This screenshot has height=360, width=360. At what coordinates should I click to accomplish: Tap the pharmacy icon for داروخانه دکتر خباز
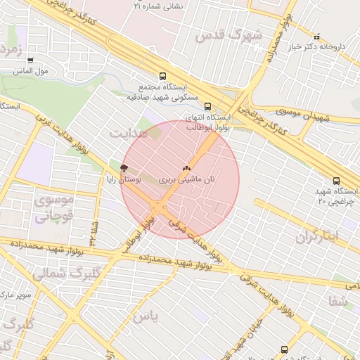point(316,37)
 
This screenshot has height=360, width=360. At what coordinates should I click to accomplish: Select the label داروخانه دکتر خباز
point(320,47)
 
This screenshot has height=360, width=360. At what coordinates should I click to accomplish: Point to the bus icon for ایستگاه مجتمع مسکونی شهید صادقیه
point(163,76)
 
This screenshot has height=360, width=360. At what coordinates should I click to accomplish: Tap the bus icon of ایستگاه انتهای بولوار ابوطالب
point(207,106)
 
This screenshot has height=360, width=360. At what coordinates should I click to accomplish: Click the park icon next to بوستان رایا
point(124,168)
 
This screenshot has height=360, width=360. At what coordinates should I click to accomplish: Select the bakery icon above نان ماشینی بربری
point(186,169)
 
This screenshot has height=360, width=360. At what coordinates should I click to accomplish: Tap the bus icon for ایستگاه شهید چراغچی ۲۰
point(335,181)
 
